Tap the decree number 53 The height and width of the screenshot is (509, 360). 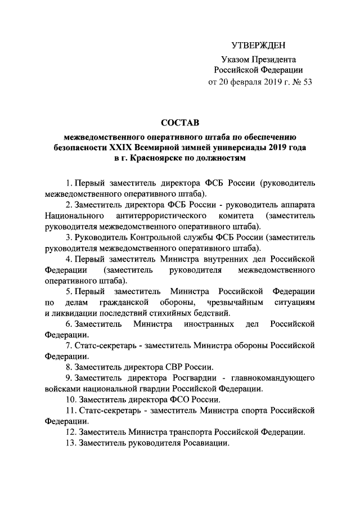click(x=307, y=82)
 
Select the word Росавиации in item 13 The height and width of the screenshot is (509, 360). click(x=205, y=443)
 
